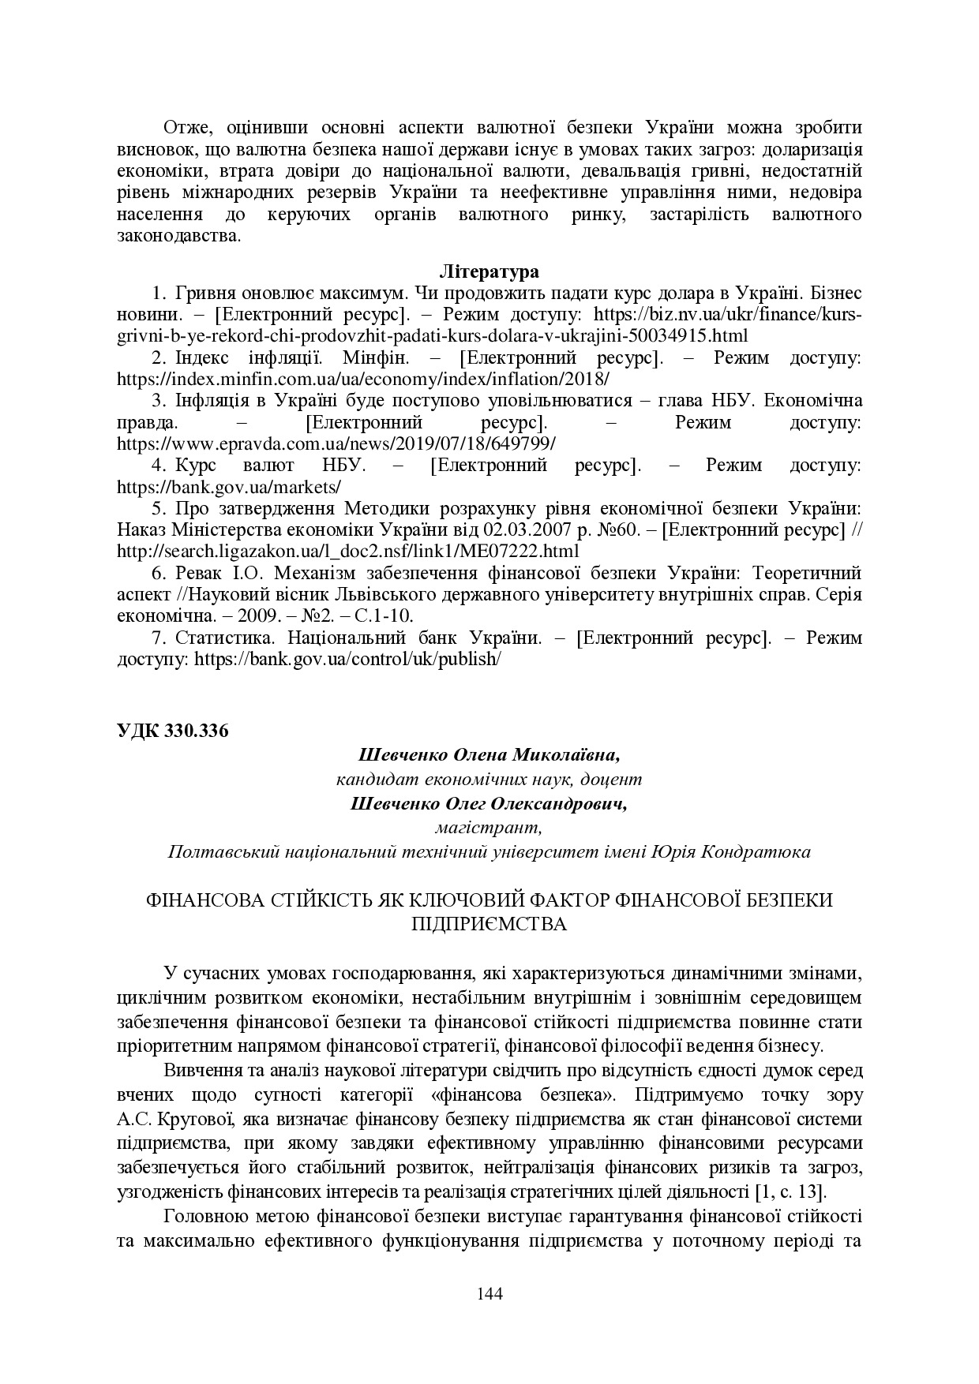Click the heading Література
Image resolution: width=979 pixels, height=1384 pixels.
(489, 272)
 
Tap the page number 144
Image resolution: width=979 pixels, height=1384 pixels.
(489, 1293)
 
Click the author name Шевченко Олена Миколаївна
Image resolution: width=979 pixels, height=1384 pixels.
(489, 754)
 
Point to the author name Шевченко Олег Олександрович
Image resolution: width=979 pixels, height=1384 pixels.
(489, 803)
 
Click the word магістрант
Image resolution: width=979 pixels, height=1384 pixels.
(489, 828)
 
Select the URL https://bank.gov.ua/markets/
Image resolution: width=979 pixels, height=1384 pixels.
(229, 486)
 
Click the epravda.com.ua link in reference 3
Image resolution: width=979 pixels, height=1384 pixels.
(336, 443)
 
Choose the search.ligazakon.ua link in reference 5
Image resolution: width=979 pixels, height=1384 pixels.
(347, 550)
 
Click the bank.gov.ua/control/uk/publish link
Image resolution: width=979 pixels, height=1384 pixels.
(348, 658)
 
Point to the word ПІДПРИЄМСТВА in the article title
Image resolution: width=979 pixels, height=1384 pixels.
(489, 924)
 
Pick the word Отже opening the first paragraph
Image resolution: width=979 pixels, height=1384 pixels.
(183, 128)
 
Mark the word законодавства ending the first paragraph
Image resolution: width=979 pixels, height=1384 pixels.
(177, 236)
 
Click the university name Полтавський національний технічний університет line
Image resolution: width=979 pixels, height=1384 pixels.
(489, 852)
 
